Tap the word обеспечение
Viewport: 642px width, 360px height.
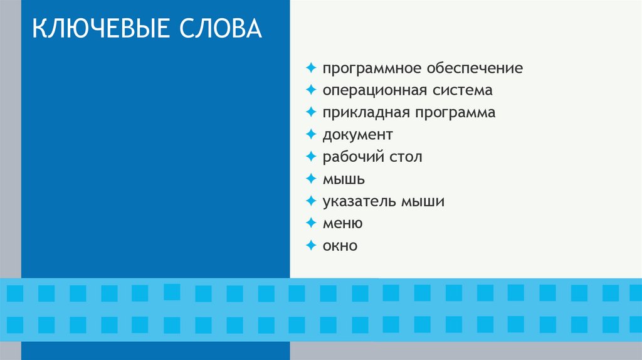[475, 68]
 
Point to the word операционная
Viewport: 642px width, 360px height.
[374, 91]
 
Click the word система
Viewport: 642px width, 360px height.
[462, 91]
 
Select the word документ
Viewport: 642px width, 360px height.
[358, 135]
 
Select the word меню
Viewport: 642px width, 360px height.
[342, 224]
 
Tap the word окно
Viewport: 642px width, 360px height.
[340, 246]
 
